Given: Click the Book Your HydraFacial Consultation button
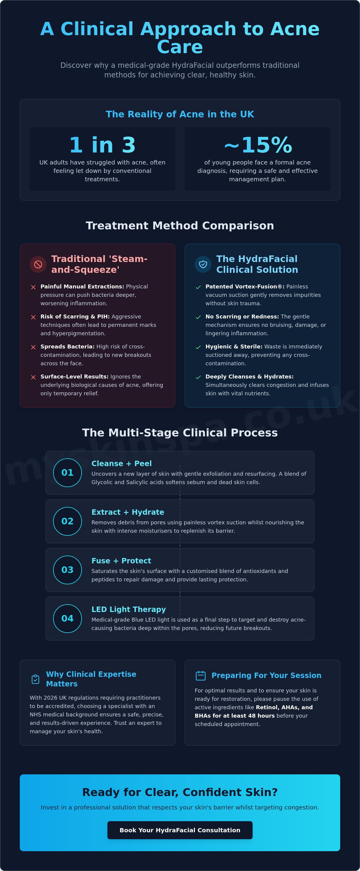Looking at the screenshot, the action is pyautogui.click(x=180, y=830).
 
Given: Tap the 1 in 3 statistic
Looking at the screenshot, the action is pyautogui.click(x=102, y=145).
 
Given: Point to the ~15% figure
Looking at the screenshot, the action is pyautogui.click(x=258, y=145).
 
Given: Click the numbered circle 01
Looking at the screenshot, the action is pyautogui.click(x=67, y=473).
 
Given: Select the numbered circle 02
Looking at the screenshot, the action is pyautogui.click(x=67, y=521).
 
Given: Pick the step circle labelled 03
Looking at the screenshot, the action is pyautogui.click(x=67, y=570).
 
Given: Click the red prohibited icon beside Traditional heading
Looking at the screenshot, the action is pyautogui.click(x=38, y=264).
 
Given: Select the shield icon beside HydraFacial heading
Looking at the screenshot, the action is pyautogui.click(x=203, y=264).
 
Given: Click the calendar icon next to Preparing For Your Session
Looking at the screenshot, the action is pyautogui.click(x=201, y=676).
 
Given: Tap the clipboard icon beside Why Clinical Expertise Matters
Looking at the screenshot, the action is pyautogui.click(x=35, y=679).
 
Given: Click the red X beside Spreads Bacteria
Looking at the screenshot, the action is pyautogui.click(x=33, y=347).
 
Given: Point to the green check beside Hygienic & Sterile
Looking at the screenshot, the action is pyautogui.click(x=198, y=347).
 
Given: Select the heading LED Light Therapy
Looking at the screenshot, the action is pyautogui.click(x=129, y=609).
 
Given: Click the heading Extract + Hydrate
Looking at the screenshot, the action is pyautogui.click(x=128, y=512).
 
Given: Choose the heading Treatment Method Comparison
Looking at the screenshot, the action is pyautogui.click(x=180, y=225).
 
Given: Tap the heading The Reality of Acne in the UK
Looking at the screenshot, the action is pyautogui.click(x=180, y=114).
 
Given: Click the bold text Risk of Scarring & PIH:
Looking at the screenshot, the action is pyautogui.click(x=75, y=316).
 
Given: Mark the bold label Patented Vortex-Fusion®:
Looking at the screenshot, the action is pyautogui.click(x=245, y=286).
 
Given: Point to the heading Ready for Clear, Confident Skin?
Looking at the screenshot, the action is pyautogui.click(x=180, y=792).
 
